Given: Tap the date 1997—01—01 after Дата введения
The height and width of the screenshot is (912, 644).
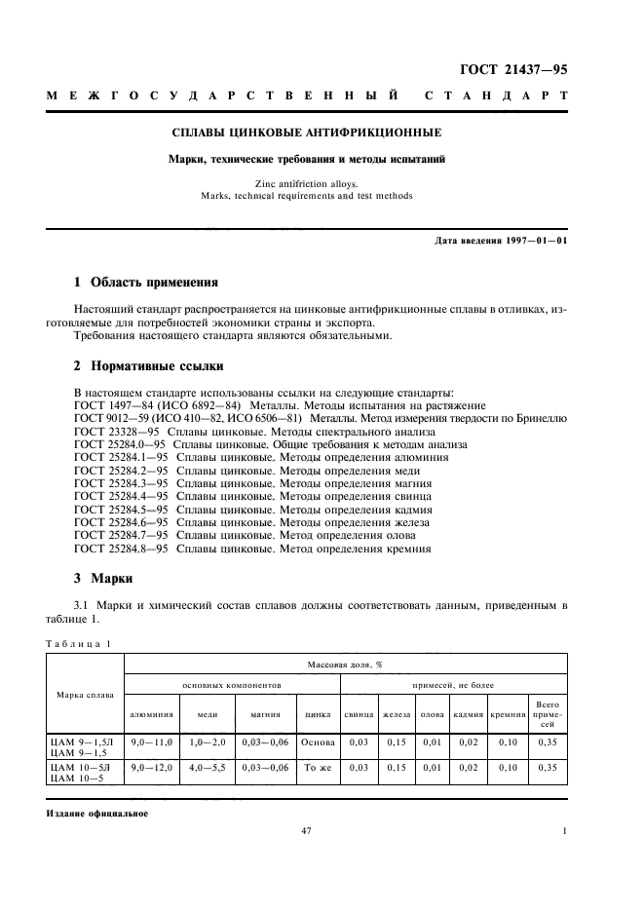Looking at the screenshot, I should coord(534,240).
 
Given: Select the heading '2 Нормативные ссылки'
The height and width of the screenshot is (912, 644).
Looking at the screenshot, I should coord(149,367).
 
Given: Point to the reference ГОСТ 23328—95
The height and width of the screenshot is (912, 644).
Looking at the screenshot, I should coord(117,430).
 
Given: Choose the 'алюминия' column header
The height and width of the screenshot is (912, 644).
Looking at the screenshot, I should coord(151,714).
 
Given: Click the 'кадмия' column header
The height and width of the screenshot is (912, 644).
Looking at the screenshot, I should coord(469,714).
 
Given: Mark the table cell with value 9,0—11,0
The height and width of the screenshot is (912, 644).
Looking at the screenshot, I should coord(151,742).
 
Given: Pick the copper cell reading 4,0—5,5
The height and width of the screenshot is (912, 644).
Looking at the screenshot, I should coord(208,768).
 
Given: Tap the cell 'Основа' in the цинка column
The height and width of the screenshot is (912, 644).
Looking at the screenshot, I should coord(318,742).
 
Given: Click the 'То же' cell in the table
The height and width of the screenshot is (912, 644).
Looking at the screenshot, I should coord(318,768).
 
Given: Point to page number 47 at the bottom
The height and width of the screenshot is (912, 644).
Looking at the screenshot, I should coord(306,831).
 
